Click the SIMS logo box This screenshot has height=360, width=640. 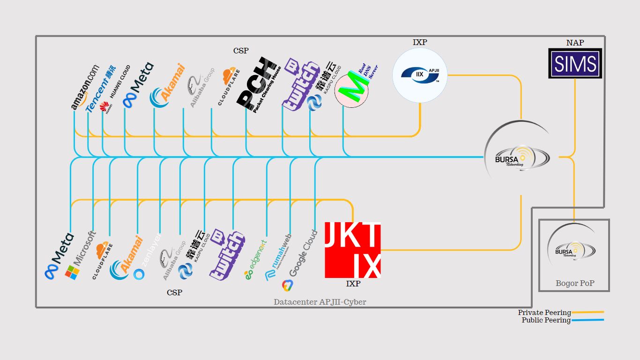575,63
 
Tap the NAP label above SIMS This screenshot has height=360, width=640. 575,43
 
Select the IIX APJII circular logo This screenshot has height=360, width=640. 420,74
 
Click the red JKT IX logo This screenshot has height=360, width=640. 352,250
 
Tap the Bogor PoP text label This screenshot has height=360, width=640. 574,283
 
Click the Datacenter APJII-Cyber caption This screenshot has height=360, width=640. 320,302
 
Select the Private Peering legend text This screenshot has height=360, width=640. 544,313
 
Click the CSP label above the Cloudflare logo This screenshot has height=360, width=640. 241,51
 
